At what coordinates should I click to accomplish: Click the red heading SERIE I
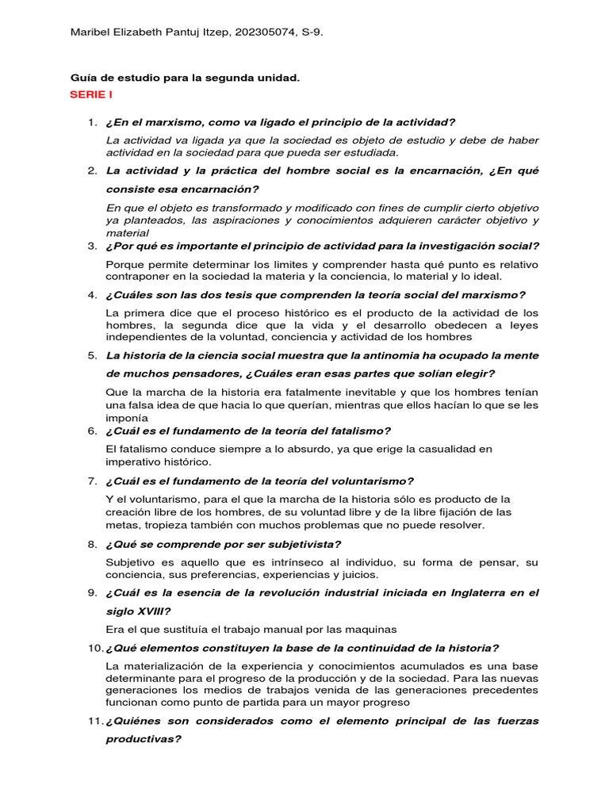(91, 94)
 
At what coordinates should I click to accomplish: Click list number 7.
(91, 481)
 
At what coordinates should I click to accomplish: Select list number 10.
(94, 647)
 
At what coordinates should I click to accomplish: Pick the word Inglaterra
(460, 592)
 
